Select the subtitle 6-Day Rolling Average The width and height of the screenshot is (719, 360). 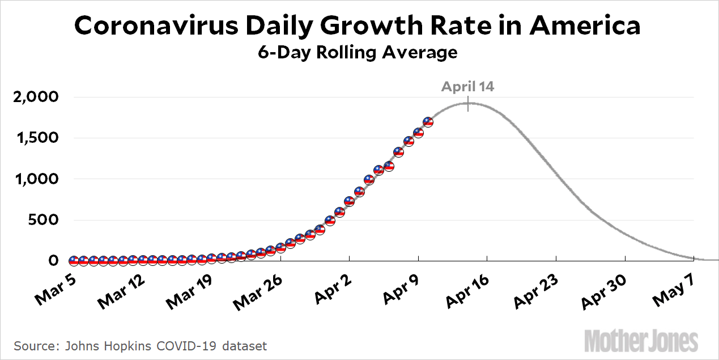click(x=358, y=53)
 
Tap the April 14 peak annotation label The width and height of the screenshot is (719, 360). click(x=467, y=87)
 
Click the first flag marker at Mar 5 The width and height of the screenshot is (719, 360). click(x=74, y=261)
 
